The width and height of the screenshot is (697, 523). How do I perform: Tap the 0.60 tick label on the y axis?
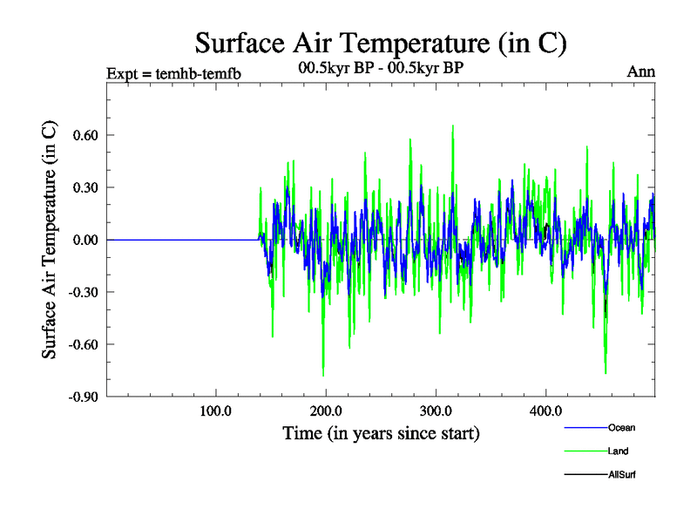pos(82,135)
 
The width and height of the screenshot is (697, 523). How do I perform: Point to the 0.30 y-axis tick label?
pos(82,187)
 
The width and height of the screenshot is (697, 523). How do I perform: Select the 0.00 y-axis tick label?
pos(82,240)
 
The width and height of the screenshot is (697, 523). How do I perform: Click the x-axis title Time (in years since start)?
pos(381,432)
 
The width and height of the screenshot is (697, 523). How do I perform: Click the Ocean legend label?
pos(622,427)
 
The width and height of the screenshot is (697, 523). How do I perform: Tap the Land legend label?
pos(619,451)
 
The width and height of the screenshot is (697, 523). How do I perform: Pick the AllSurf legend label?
pos(622,474)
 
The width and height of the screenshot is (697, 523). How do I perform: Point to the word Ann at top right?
pos(641,71)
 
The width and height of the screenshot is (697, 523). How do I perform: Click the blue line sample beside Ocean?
pos(585,428)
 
